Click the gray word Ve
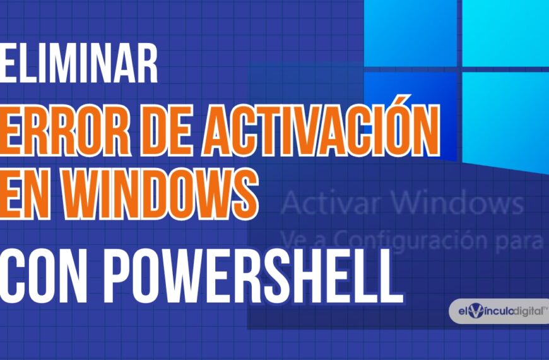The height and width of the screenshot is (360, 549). tap(292, 240)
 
